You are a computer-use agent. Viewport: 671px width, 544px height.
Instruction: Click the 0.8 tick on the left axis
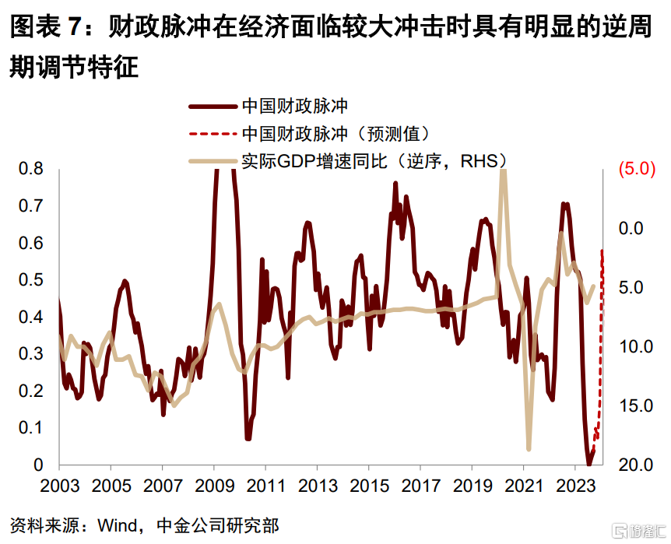[x=31, y=170]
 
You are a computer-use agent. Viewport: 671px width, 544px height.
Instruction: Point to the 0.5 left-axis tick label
[x=31, y=280]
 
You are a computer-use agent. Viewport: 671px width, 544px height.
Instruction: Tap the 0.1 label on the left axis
[x=31, y=428]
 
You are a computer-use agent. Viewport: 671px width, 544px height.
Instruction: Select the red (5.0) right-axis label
[x=638, y=170]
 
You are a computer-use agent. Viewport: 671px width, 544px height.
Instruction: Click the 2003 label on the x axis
[x=59, y=487]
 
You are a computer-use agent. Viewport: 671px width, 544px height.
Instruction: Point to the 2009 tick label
[x=214, y=487]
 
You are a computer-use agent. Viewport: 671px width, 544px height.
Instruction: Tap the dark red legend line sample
[x=212, y=105]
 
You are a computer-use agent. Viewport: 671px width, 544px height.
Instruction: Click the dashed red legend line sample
[x=212, y=133]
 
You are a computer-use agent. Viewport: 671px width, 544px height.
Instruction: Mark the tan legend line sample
[x=212, y=161]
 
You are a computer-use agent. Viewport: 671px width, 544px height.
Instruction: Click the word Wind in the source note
[x=118, y=525]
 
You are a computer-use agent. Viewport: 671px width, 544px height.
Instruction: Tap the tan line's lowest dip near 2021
[x=529, y=449]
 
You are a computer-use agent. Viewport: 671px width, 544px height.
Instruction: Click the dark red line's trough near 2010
[x=248, y=439]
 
